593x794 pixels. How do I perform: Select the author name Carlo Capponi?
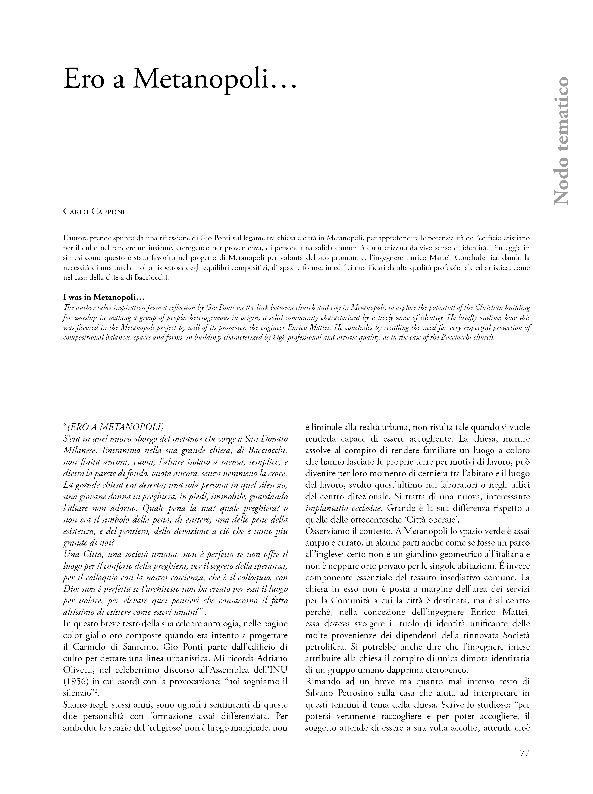click(94, 212)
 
